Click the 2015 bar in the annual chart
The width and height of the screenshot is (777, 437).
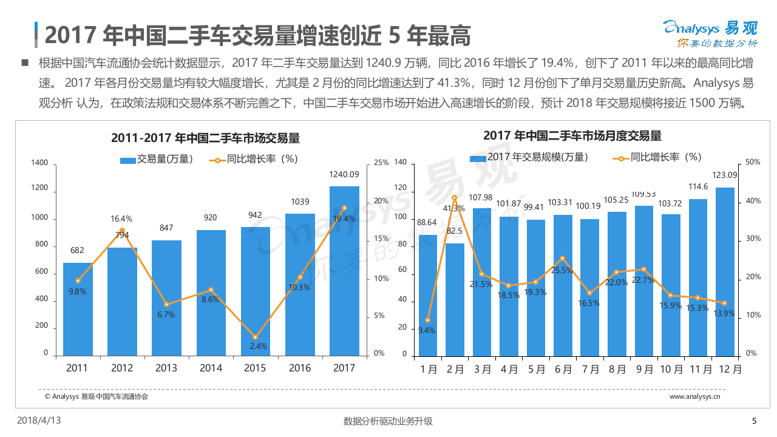[255, 291]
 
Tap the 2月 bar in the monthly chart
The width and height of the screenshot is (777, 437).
[455, 300]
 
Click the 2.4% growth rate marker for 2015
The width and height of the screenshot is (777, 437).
[255, 337]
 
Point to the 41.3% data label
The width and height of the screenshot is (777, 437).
[454, 208]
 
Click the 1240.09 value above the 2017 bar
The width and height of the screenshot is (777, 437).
[344, 175]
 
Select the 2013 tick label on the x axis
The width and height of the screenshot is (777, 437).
[166, 368]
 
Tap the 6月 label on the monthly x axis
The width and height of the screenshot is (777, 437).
[563, 368]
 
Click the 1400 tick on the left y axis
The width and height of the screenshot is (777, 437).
[39, 163]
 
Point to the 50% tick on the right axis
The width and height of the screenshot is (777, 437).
[753, 163]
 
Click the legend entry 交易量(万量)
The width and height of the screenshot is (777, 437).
[157, 160]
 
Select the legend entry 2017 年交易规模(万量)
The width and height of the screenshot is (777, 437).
[529, 157]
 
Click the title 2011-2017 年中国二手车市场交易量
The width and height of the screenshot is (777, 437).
[205, 138]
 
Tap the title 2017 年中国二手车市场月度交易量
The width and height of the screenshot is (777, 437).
[572, 135]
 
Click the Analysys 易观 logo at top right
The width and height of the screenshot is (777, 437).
[709, 34]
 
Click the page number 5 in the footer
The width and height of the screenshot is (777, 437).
[755, 421]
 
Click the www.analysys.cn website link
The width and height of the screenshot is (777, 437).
[694, 396]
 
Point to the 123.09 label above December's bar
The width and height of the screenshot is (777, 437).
[724, 175]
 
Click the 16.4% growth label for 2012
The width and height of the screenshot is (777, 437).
[121, 218]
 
